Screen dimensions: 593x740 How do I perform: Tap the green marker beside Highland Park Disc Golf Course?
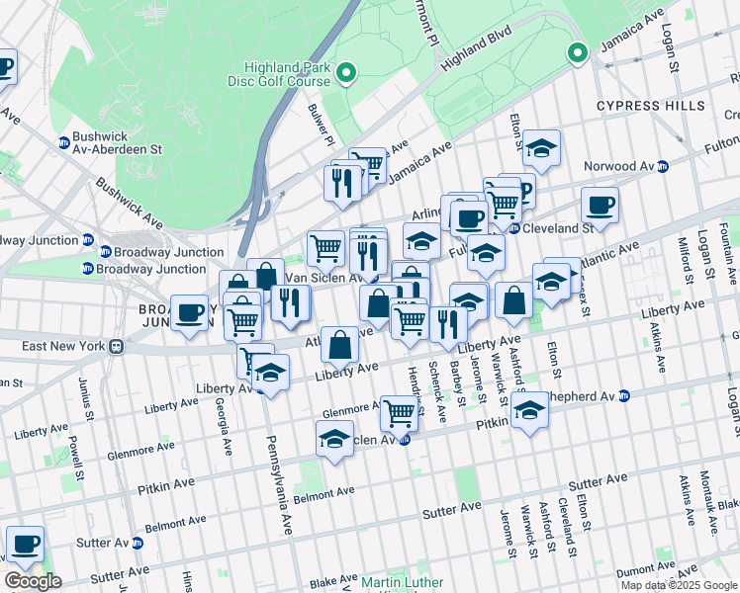coord(346,72)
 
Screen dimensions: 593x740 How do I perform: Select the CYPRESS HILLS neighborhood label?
coord(650,106)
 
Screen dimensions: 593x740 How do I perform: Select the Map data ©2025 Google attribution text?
coord(678,585)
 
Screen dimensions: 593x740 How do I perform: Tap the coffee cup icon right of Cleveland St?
coord(600,206)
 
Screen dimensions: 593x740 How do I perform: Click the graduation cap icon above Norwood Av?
coord(541,148)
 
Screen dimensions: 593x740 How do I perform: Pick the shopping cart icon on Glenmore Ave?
coord(399,412)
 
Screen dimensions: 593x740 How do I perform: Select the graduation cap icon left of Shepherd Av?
coord(529,410)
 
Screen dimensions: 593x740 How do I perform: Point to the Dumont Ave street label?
coord(643,570)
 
